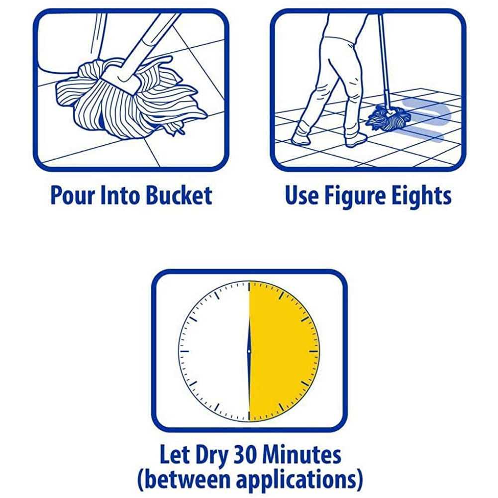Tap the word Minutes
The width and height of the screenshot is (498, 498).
click(x=302, y=455)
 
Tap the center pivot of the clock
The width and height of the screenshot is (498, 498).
click(x=249, y=351)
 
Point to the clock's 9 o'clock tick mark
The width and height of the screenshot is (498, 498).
click(x=185, y=351)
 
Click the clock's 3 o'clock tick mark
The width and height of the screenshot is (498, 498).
click(x=314, y=351)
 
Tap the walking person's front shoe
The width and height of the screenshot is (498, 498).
click(x=356, y=140)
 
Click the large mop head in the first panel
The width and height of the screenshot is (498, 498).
click(x=130, y=99)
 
